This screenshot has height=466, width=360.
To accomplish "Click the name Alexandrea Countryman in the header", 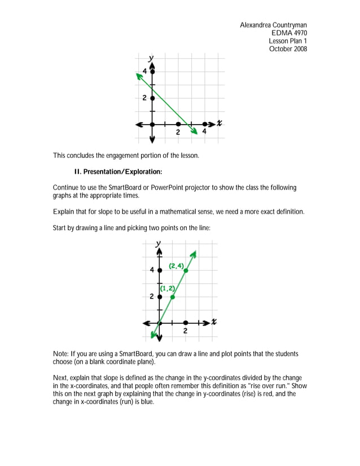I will pyautogui.click(x=273, y=25).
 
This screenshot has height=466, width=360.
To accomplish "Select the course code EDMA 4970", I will pyautogui.click(x=289, y=33).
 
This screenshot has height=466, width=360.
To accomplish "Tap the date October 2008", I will pyautogui.click(x=288, y=49).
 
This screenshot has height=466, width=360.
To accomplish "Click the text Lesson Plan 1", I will pyautogui.click(x=288, y=41).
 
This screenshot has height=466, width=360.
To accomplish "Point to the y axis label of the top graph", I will pyautogui.click(x=151, y=58).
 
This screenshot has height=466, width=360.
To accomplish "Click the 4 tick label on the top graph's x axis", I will pyautogui.click(x=204, y=132).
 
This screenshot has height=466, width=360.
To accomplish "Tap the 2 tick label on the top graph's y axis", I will pyautogui.click(x=144, y=98).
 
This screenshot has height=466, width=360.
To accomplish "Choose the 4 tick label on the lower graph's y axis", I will pyautogui.click(x=152, y=270).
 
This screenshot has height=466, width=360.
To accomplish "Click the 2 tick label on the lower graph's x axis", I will pyautogui.click(x=186, y=331).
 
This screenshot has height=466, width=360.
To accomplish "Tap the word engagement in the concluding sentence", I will pyautogui.click(x=130, y=155).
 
